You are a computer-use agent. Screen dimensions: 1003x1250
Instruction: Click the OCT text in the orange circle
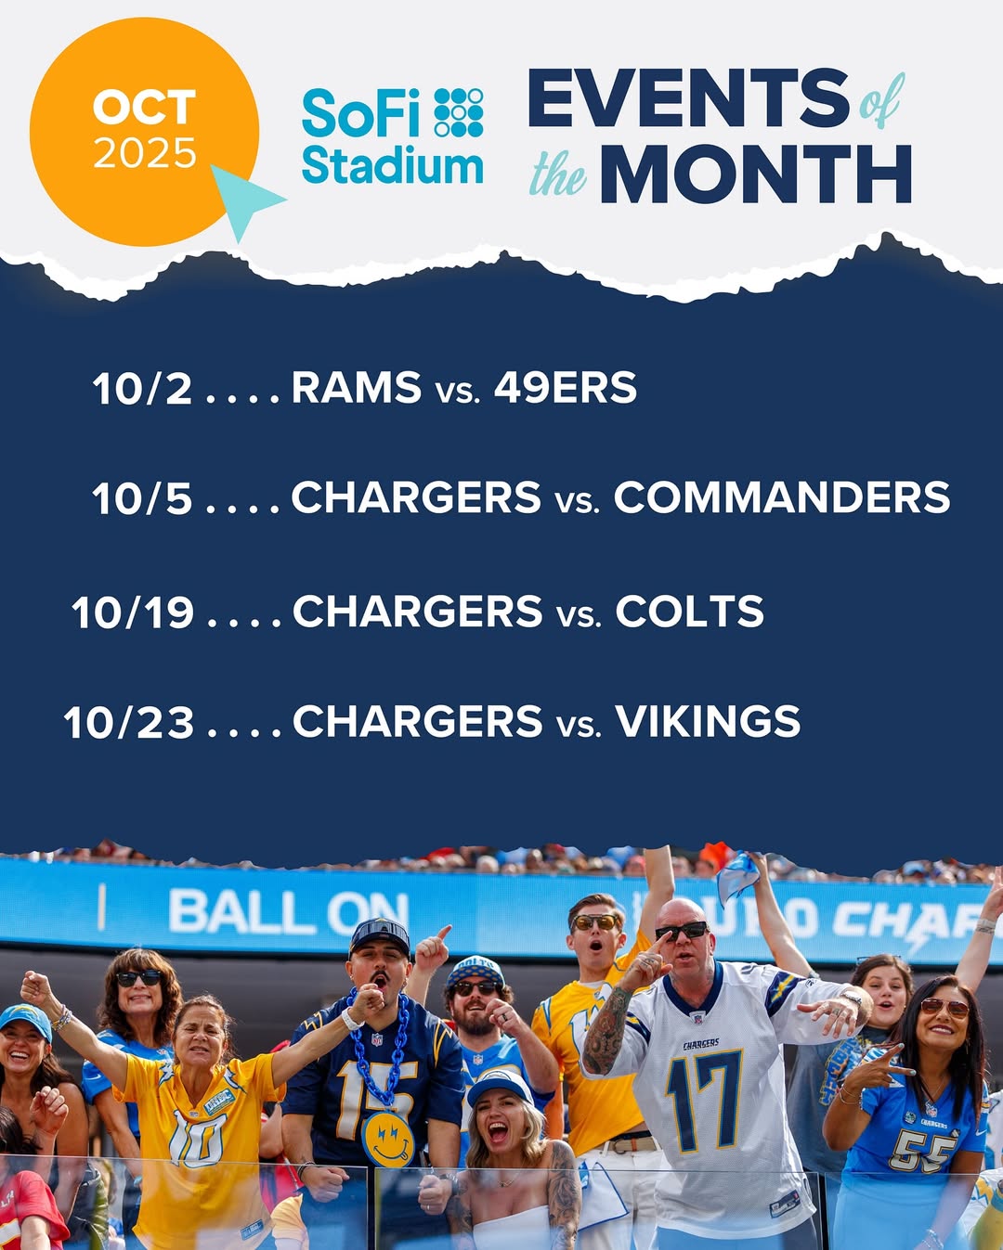coord(144,107)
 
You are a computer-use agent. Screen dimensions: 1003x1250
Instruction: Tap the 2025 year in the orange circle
coord(144,153)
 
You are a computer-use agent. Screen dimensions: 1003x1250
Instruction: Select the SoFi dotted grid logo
coord(459,112)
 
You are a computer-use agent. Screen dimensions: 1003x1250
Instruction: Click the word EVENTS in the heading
coord(688,98)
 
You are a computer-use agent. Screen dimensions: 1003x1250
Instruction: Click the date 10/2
coord(142,388)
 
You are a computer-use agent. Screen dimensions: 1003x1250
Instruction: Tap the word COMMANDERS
coord(781,497)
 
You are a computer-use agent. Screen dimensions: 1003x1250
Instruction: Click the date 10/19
coord(133,612)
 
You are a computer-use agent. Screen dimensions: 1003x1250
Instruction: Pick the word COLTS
coord(689,611)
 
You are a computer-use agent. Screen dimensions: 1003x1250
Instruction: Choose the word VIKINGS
coord(708,721)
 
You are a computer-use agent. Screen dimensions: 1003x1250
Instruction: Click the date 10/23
coord(128,722)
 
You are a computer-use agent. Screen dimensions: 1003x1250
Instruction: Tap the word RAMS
coord(356,387)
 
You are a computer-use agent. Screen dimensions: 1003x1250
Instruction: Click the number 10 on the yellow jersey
coord(197,1140)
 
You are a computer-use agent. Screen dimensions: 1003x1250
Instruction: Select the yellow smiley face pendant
coord(388,1140)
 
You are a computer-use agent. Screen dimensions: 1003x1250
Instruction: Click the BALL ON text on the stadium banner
coord(288,913)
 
